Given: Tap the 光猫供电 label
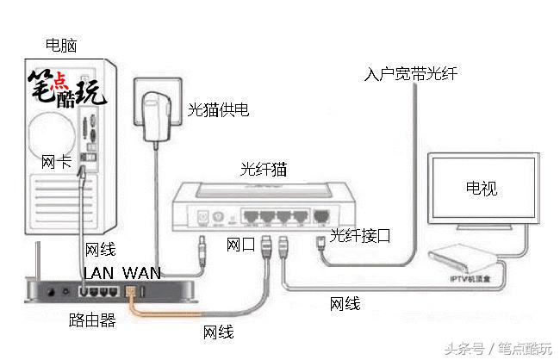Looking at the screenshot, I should (219, 110).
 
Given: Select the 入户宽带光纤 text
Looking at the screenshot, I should (410, 74).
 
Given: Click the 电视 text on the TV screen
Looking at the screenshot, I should (481, 189).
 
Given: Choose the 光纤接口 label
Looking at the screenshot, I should (361, 234).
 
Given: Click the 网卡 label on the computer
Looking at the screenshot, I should (56, 161).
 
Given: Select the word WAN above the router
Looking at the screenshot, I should (141, 272).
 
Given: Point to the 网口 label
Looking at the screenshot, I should (240, 245).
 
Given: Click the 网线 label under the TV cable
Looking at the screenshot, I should (345, 303).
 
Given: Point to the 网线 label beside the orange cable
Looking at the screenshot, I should (218, 332).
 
